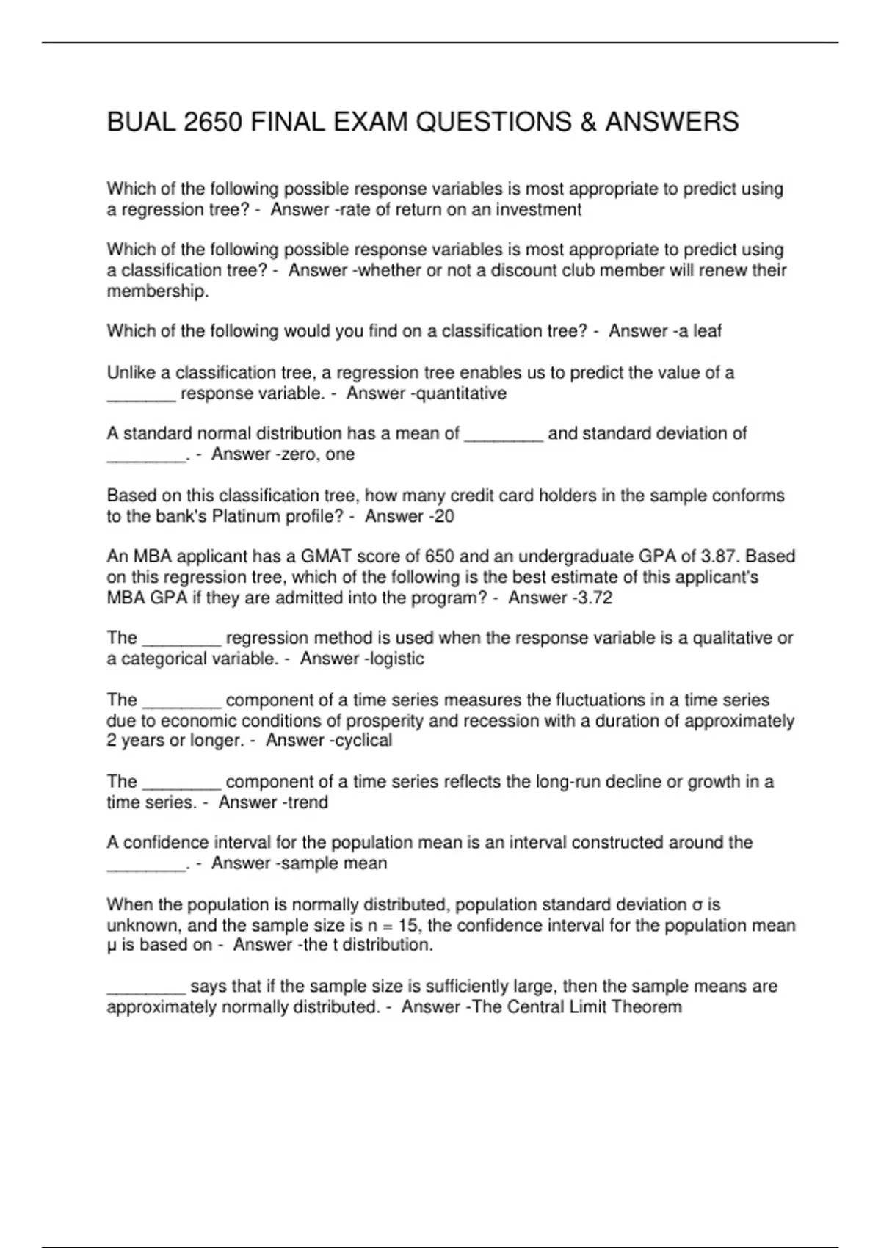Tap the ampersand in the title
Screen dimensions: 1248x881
(588, 122)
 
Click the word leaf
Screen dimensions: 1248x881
(707, 331)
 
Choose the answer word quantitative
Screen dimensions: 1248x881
(462, 393)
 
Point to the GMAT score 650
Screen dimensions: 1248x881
(440, 556)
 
